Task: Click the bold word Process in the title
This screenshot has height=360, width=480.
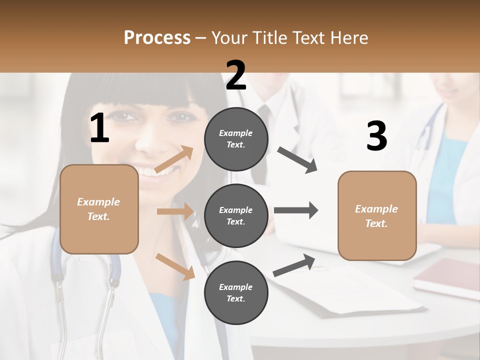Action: [157, 38]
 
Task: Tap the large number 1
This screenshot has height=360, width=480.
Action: [99, 128]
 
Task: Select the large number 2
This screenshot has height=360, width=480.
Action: [236, 75]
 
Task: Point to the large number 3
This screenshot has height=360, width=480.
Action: [376, 136]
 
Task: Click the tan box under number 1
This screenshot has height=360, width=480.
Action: [99, 209]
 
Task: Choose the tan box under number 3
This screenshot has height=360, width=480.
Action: [377, 215]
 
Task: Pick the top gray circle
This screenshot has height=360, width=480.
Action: [236, 139]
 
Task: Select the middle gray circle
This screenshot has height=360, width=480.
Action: [236, 215]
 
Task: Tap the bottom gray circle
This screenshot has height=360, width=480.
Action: [236, 292]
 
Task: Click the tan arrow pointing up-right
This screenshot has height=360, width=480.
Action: [173, 159]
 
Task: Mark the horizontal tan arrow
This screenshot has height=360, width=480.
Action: [174, 211]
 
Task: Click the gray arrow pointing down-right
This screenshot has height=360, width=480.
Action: [297, 160]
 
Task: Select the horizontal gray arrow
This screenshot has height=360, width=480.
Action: [295, 210]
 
